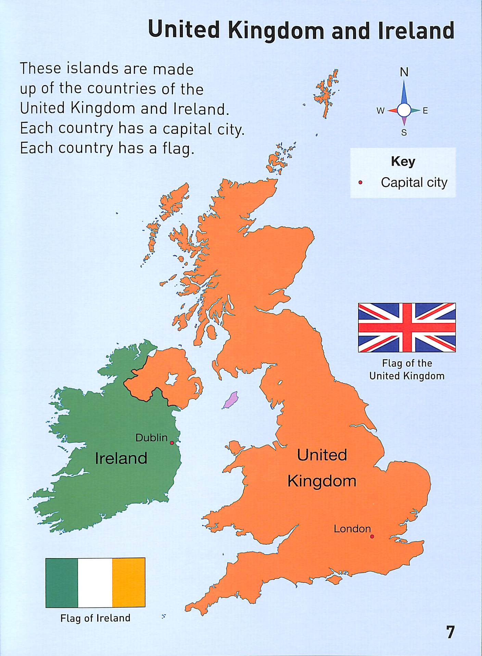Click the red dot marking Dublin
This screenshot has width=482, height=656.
[x=172, y=443]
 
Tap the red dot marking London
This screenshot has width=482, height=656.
[x=372, y=536]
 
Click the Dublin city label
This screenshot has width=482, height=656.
[x=151, y=437]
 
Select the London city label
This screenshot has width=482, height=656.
[x=352, y=529]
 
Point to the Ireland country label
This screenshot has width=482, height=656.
[x=121, y=458]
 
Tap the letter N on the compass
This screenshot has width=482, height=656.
[x=404, y=72]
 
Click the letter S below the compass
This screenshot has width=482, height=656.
[x=404, y=133]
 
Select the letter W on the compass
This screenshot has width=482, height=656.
[x=380, y=111]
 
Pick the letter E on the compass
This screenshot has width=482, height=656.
[x=425, y=111]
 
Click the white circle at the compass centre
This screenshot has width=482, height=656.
[x=404, y=110]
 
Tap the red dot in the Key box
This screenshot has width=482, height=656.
[x=360, y=183]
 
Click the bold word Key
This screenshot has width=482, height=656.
[x=403, y=161]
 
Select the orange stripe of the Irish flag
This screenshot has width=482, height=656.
[x=129, y=582]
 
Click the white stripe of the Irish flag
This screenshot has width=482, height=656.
[x=95, y=582]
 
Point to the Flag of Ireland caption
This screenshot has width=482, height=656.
[x=95, y=618]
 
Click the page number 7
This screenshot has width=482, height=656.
[x=450, y=632]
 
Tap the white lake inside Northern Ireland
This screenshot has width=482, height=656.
[x=171, y=378]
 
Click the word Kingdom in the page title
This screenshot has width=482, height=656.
[x=276, y=30]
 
